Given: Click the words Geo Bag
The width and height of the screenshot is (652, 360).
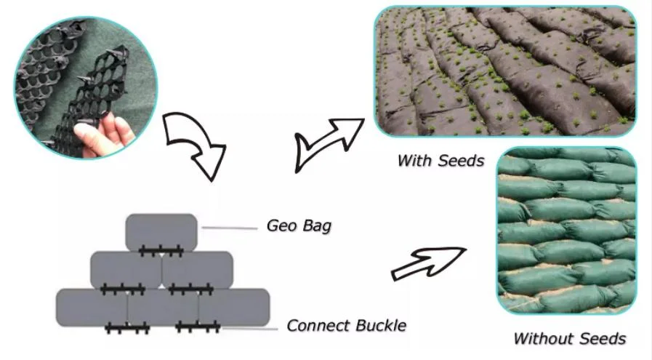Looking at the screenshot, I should (x=299, y=225).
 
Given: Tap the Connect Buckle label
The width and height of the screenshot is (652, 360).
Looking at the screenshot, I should (x=346, y=325).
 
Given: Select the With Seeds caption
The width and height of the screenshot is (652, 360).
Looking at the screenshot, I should (x=440, y=161).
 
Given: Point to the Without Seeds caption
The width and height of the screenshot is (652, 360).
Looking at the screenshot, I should (x=569, y=338).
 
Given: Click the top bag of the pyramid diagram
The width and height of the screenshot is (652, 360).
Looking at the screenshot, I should (x=161, y=231).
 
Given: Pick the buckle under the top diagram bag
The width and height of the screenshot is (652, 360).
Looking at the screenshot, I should (x=161, y=252).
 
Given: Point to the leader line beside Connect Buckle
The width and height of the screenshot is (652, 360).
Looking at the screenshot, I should (x=251, y=329).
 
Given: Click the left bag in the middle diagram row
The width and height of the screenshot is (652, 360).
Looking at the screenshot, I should (x=125, y=268).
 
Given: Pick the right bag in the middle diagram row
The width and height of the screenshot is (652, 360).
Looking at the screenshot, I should (x=197, y=268).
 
